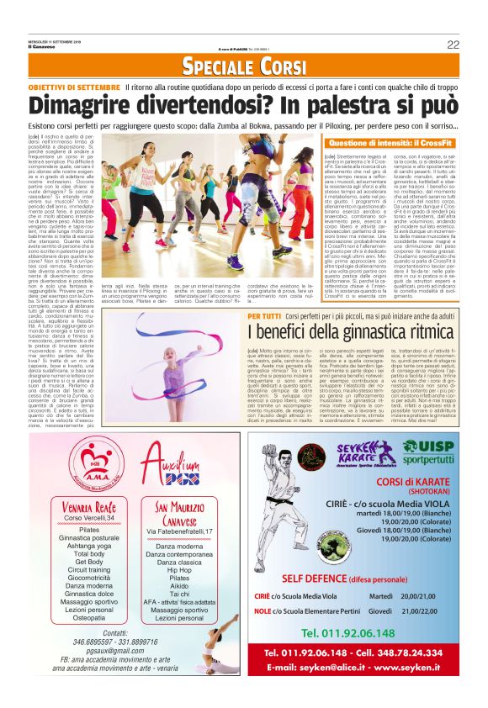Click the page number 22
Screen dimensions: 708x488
point(453,45)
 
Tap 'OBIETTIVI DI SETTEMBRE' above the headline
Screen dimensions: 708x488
point(74,87)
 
